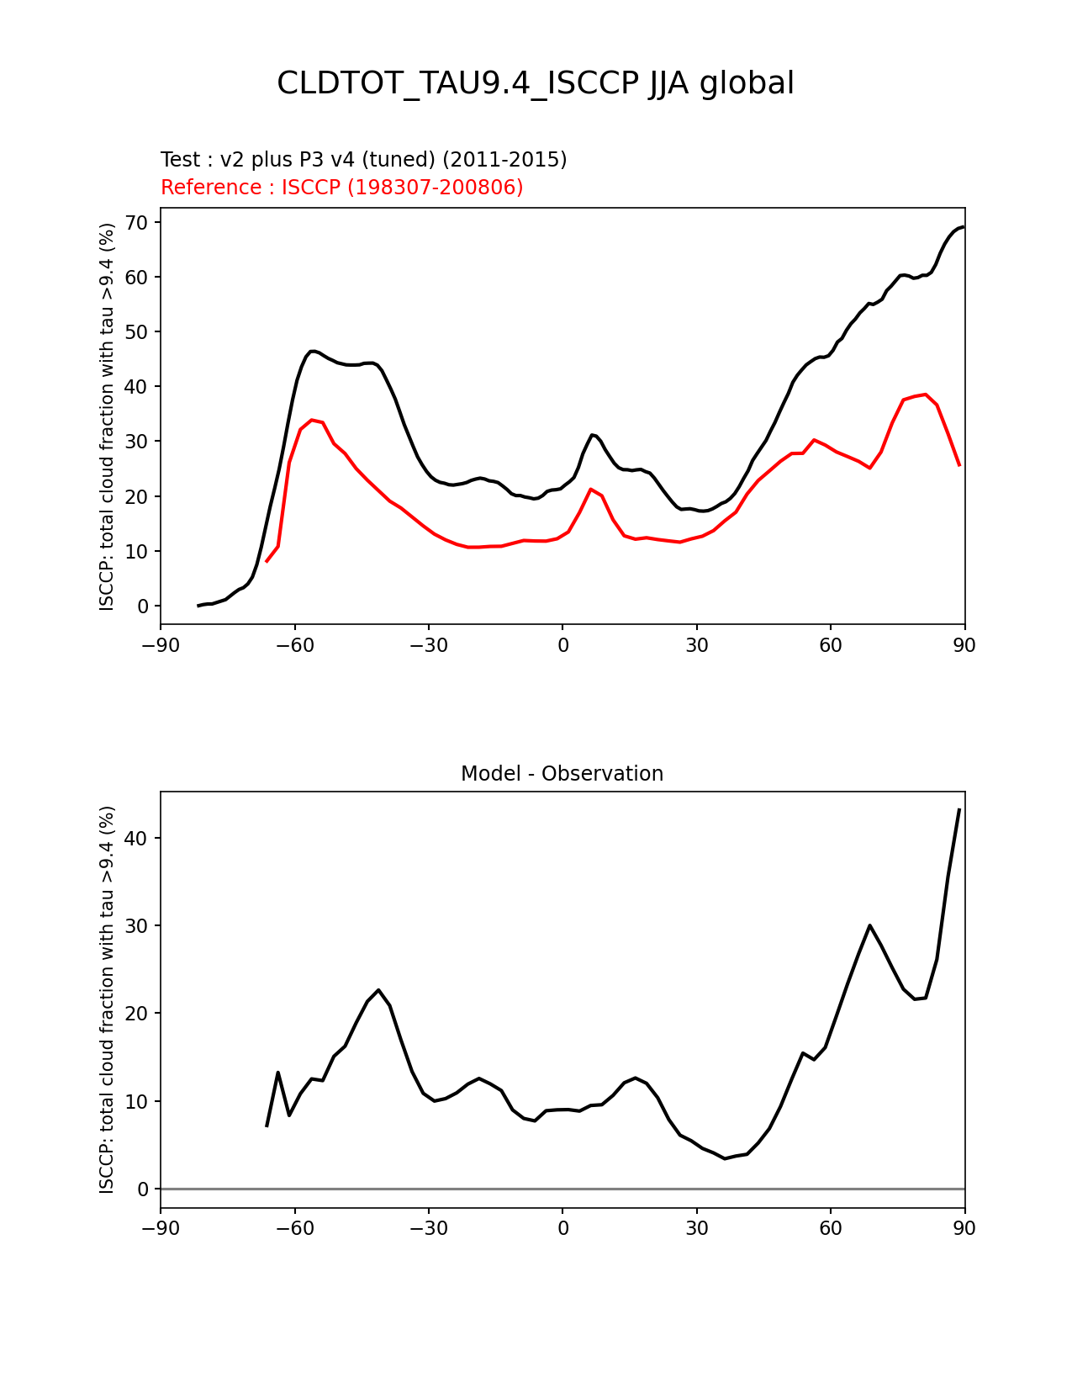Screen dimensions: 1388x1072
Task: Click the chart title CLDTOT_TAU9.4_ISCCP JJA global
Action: (536, 83)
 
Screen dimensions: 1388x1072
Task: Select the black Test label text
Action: (363, 160)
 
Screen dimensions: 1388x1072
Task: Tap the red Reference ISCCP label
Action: (341, 188)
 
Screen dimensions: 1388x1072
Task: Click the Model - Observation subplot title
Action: (562, 774)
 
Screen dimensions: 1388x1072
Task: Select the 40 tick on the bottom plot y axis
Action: (138, 839)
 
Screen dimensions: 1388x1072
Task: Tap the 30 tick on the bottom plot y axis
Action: (138, 926)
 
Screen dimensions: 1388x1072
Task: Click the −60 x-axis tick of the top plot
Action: (294, 645)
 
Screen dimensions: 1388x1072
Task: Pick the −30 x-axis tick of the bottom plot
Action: (428, 1229)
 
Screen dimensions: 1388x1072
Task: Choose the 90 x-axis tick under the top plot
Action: (964, 645)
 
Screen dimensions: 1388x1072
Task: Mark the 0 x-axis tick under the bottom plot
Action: (562, 1229)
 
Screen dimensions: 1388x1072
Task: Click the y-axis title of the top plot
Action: (107, 416)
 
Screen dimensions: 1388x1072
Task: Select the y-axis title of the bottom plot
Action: (107, 999)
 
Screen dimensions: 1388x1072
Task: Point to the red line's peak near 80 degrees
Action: (925, 394)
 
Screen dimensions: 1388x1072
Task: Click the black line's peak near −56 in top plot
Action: (312, 351)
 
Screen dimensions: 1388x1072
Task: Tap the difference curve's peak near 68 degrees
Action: (869, 925)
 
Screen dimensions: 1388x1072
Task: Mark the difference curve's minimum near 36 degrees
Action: (725, 1158)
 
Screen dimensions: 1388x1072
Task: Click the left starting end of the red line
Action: (267, 561)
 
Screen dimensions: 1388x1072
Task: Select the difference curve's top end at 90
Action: (959, 809)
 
